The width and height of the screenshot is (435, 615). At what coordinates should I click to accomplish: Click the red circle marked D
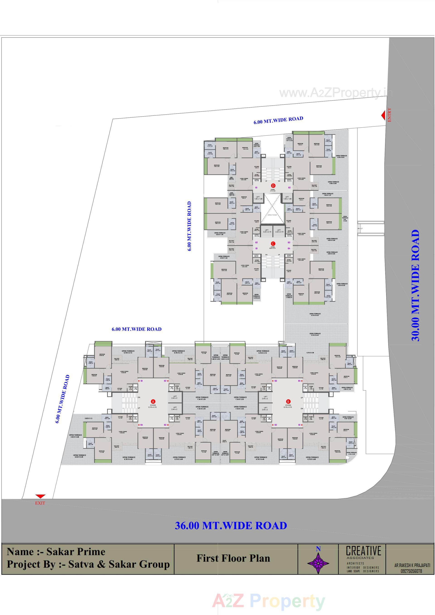(273, 186)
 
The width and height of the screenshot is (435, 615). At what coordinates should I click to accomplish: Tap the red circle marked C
(273, 244)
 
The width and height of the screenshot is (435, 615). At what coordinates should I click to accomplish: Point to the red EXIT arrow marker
(41, 496)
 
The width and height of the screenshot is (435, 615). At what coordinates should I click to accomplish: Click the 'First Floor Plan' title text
(233, 558)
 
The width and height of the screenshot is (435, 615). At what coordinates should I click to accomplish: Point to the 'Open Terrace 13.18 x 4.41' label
(315, 314)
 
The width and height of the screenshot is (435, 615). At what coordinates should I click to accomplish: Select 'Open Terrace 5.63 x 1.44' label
(220, 234)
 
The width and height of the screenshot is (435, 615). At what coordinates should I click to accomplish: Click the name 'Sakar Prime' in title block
(76, 552)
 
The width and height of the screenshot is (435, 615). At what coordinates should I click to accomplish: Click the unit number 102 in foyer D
(289, 188)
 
